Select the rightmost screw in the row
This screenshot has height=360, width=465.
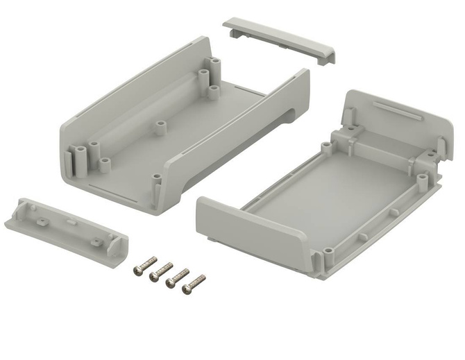click(194, 283)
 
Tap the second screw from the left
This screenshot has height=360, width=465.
click(161, 271)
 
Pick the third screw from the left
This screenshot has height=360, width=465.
click(178, 277)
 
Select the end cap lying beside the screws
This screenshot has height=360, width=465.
click(66, 228)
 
